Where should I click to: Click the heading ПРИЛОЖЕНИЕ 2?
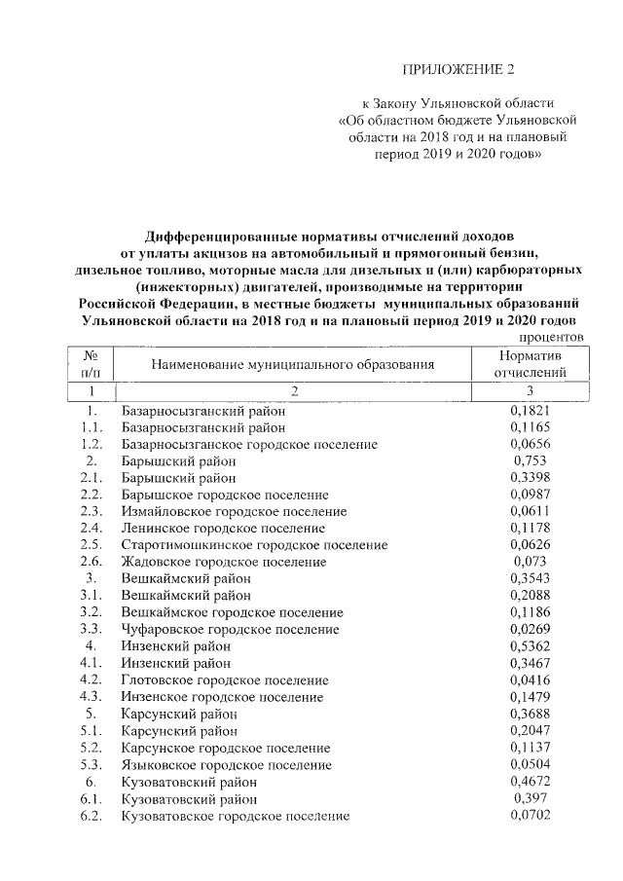457,69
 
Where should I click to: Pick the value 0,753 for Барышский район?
531,460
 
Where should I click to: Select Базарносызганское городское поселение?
249,444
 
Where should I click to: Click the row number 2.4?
92,528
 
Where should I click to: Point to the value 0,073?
531,562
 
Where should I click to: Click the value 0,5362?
531,645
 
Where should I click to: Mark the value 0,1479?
531,696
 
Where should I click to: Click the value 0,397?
531,797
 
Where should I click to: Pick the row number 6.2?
92,815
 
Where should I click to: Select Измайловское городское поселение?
235,511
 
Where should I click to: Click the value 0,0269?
531,629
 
